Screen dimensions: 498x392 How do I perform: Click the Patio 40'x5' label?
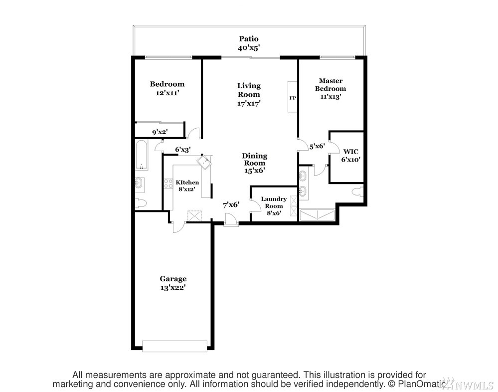click(x=249, y=43)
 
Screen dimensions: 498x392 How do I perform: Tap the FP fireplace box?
click(x=292, y=97)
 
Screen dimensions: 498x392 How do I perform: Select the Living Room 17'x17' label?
click(x=249, y=94)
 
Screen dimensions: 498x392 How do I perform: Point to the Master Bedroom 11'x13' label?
click(x=331, y=89)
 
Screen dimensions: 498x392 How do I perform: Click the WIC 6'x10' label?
click(x=350, y=156)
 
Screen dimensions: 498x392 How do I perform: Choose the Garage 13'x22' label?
click(x=173, y=283)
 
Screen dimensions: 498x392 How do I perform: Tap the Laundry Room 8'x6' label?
click(x=274, y=206)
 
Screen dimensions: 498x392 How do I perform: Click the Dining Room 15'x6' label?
click(x=255, y=163)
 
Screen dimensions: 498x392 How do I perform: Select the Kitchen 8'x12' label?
click(x=187, y=186)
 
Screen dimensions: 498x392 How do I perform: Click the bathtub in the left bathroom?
click(x=141, y=155)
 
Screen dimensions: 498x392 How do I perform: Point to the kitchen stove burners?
click(x=168, y=184)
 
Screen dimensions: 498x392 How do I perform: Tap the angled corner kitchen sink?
click(x=204, y=162)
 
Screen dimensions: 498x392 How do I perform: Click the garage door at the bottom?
click(x=174, y=346)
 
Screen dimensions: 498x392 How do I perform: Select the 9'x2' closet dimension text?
click(x=160, y=132)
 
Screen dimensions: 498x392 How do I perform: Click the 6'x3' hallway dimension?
click(x=182, y=149)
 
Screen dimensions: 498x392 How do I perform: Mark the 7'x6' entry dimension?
click(x=231, y=205)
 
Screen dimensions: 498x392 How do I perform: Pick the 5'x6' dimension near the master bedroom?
click(x=317, y=146)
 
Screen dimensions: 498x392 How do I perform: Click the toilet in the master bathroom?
click(x=357, y=192)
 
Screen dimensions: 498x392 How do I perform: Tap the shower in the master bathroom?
click(x=317, y=214)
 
